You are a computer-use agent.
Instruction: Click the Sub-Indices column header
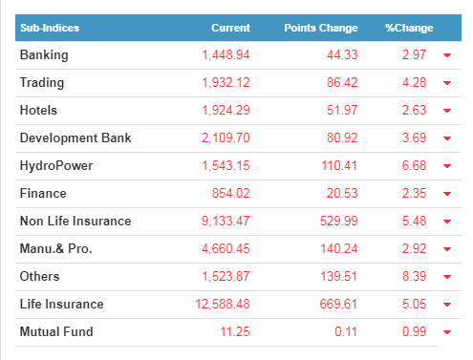click(50, 28)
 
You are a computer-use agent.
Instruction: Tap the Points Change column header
click(321, 28)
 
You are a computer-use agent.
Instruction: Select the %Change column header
click(409, 28)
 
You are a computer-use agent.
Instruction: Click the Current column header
click(231, 28)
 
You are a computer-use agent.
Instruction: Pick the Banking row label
click(44, 55)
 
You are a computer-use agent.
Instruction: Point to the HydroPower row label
click(56, 165)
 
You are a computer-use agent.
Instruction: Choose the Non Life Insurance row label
click(75, 221)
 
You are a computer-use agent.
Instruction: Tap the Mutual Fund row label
click(56, 331)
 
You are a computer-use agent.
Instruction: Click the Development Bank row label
click(75, 138)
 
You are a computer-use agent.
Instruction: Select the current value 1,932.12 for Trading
click(226, 83)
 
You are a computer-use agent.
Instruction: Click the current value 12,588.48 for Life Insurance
click(223, 304)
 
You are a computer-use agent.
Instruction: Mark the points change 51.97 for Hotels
click(342, 110)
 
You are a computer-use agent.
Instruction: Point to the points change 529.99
click(339, 221)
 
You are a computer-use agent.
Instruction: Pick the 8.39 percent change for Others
click(414, 276)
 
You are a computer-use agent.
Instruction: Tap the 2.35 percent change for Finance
click(414, 193)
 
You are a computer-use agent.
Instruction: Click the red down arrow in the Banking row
click(447, 55)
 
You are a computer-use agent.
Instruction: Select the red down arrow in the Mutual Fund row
click(447, 332)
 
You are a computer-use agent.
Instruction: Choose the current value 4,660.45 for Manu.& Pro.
click(226, 248)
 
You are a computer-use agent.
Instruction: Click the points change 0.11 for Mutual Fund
click(346, 331)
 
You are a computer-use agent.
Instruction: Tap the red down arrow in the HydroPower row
click(447, 166)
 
